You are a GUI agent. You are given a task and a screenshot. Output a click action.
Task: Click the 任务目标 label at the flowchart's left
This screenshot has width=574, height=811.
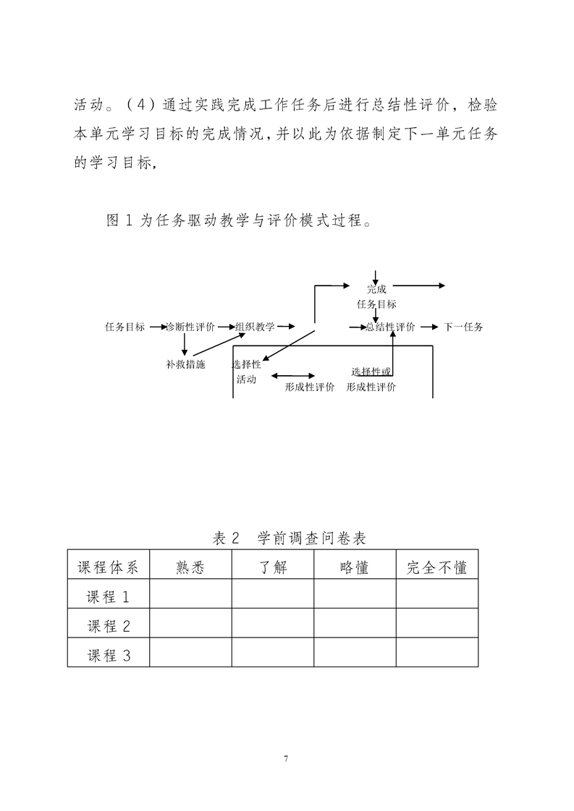tap(124, 327)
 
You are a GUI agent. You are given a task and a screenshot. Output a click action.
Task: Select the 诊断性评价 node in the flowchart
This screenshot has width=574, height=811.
tap(190, 327)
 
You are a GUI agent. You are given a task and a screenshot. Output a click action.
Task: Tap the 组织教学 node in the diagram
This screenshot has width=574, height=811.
tap(255, 327)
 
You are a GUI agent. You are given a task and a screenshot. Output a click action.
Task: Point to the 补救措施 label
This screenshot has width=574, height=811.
tap(185, 364)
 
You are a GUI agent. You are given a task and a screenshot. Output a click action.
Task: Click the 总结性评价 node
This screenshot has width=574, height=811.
tap(390, 327)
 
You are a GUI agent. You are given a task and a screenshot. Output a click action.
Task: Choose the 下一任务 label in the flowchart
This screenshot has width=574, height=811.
tap(463, 327)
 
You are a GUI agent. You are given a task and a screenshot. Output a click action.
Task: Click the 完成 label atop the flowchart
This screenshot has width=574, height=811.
tap(376, 289)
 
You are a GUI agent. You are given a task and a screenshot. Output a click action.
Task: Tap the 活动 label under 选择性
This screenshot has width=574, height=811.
tap(246, 379)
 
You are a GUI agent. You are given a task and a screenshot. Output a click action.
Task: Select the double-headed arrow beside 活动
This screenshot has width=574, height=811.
tap(292, 376)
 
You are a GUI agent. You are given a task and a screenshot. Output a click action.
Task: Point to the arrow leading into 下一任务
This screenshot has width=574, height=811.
tap(428, 327)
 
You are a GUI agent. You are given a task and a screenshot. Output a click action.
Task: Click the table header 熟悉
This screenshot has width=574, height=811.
tap(190, 567)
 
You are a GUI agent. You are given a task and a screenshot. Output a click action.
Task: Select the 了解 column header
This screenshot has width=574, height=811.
tap(273, 567)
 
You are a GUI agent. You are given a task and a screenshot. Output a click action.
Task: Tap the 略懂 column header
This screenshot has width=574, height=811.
tap(355, 567)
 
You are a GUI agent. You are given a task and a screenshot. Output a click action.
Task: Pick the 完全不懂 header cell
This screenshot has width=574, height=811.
tap(436, 567)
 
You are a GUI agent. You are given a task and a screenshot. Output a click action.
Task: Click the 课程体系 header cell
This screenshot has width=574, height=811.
tap(108, 567)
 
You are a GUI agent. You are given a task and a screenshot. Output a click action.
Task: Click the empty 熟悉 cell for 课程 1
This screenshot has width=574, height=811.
tap(190, 596)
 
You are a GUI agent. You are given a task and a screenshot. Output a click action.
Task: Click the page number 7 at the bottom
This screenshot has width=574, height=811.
tap(287, 758)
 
